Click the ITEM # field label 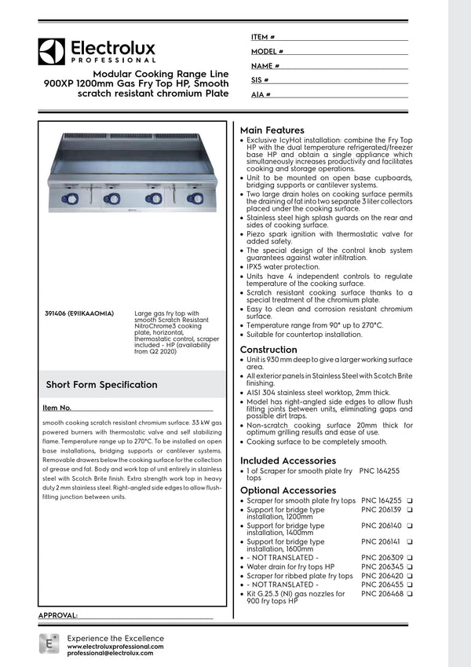pyautogui.click(x=263, y=37)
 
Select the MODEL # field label pyautogui.click(x=267, y=51)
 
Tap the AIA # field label pyautogui.click(x=261, y=94)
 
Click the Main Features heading pyautogui.click(x=272, y=130)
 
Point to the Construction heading pyautogui.click(x=268, y=350)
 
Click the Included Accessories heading pyautogui.click(x=287, y=460)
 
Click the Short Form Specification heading pyautogui.click(x=101, y=385)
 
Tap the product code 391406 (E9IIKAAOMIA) pyautogui.click(x=79, y=313)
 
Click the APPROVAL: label pyautogui.click(x=57, y=614)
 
